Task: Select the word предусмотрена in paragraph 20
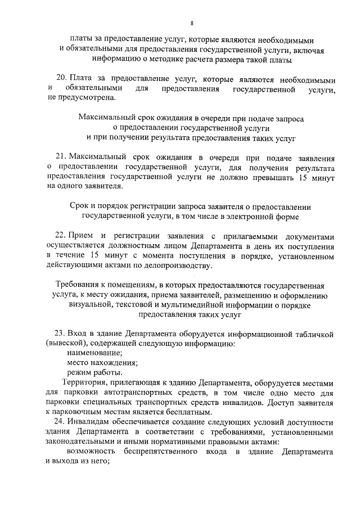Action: click(x=87, y=99)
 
